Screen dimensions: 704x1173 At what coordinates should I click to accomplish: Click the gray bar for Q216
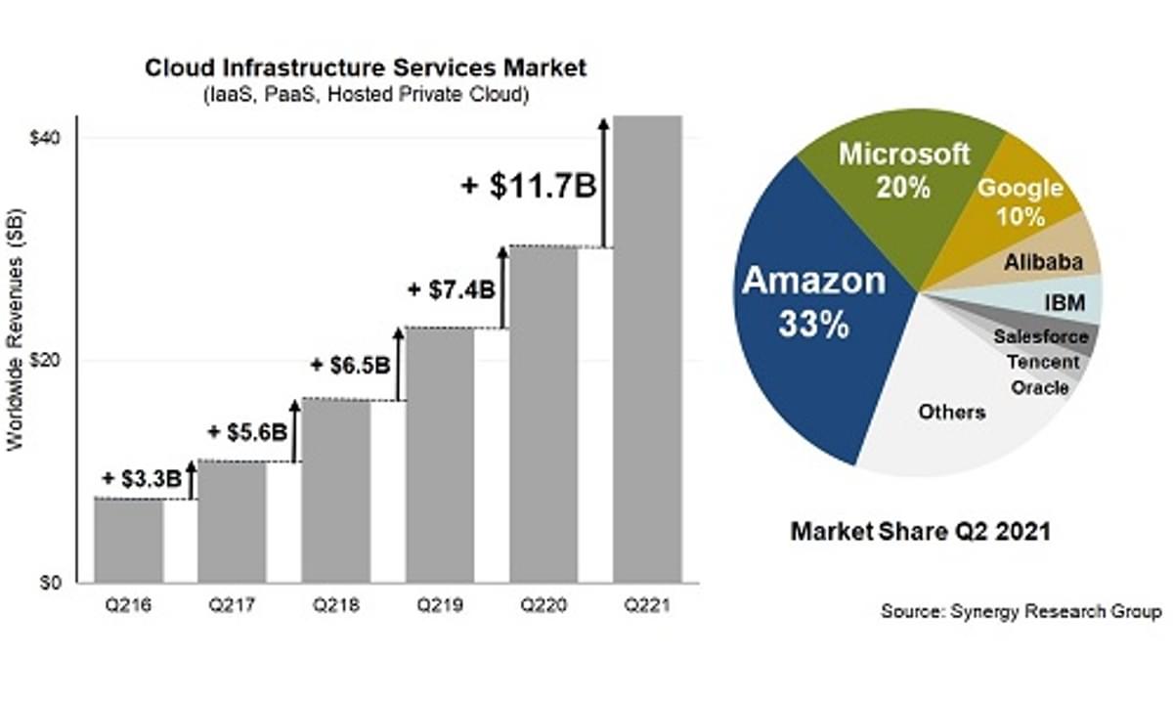coord(128,541)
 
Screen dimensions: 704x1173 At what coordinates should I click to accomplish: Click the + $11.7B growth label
coord(529,186)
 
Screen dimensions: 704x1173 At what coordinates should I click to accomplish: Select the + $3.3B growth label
coord(142,478)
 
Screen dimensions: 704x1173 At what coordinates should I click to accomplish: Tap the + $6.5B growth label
coord(351,366)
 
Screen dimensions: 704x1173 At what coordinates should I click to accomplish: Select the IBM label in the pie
coord(1064,303)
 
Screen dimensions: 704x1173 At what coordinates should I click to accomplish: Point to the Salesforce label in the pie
coord(1040,336)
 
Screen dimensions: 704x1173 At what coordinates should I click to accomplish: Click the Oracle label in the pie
coord(1039,388)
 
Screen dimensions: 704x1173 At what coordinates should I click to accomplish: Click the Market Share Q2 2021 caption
coord(920,532)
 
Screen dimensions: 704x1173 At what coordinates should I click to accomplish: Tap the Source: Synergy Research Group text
coord(1021,612)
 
